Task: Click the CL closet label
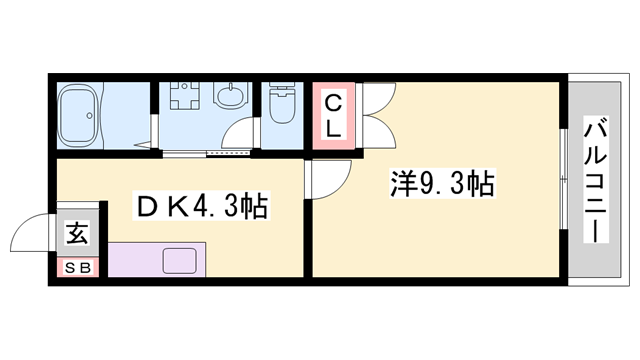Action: (x=335, y=115)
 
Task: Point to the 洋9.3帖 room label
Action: (x=441, y=185)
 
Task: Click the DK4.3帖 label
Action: (x=201, y=207)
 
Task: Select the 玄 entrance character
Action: (x=77, y=235)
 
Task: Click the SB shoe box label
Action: (x=77, y=269)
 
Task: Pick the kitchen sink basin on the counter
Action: (x=182, y=263)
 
